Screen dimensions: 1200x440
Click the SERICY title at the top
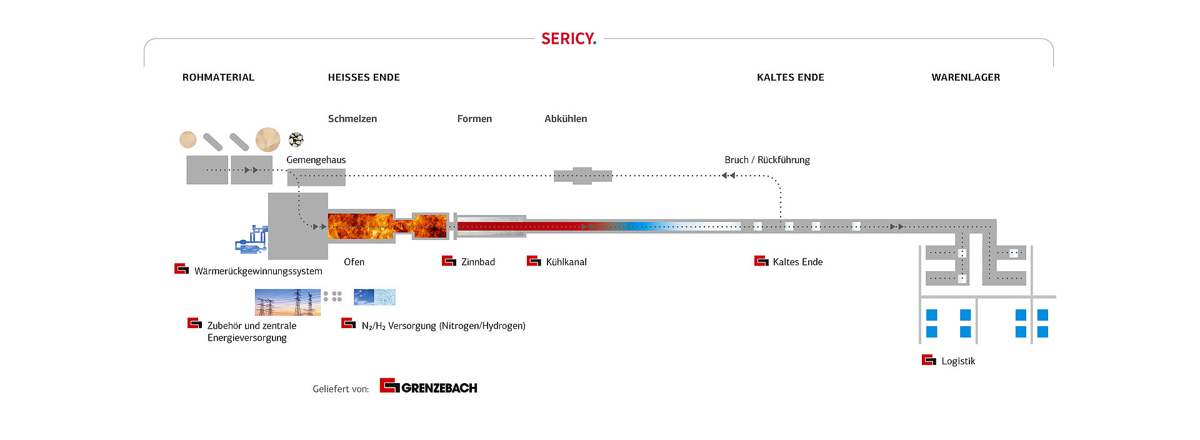569,39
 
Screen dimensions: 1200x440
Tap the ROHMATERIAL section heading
218,77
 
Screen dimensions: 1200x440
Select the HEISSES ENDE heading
364,77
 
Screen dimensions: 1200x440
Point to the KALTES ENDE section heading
790,77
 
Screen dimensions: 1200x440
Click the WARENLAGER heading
966,77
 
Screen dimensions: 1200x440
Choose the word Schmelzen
352,119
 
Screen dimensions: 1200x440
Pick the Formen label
474,119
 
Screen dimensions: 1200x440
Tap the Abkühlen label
566,119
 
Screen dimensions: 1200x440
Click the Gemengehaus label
316,160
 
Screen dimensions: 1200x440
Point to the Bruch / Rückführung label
767,160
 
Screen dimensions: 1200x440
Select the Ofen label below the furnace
354,262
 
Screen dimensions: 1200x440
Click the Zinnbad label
478,262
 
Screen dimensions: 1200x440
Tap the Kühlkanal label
566,262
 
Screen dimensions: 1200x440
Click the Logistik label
958,361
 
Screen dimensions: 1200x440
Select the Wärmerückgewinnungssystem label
258,271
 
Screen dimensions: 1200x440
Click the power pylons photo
287,302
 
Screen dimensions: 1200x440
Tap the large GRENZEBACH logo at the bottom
429,387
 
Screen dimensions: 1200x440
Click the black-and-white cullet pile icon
296,139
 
